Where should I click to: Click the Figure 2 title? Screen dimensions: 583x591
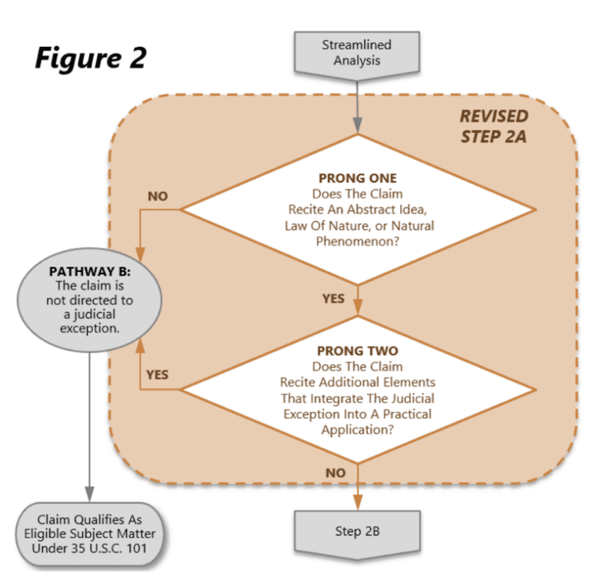tap(90, 58)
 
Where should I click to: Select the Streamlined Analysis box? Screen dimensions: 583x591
tap(356, 52)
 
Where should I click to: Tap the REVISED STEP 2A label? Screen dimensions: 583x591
tap(494, 126)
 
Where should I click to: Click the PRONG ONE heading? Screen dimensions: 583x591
tap(357, 179)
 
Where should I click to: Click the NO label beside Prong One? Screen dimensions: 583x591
tap(158, 196)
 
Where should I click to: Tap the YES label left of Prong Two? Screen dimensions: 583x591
tap(157, 374)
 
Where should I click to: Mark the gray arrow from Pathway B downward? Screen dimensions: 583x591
tap(89, 424)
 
